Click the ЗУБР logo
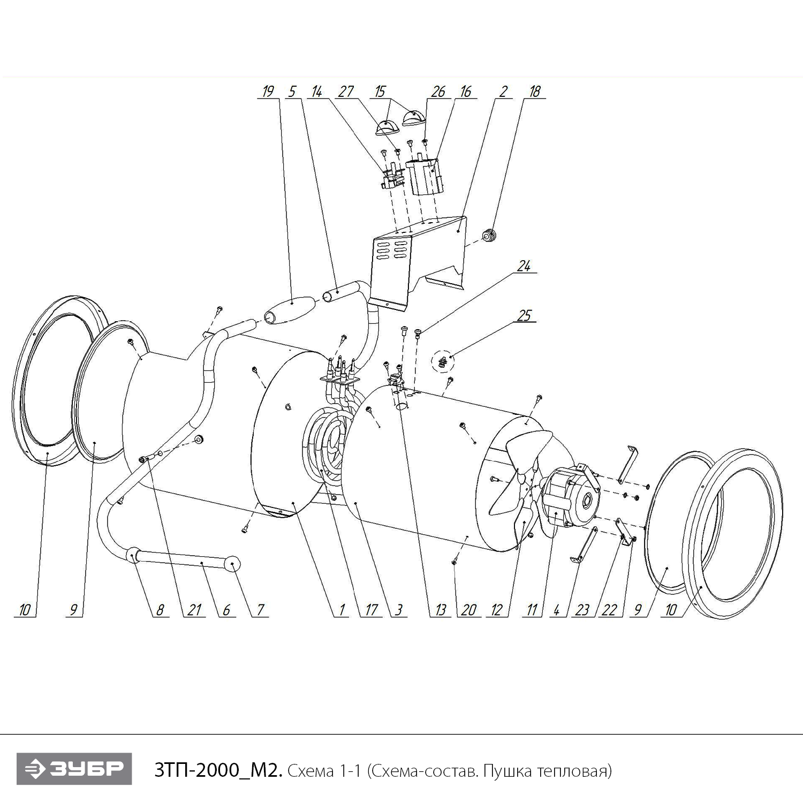[74, 769]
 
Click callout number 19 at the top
[267, 92]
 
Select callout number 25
[524, 315]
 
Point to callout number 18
[534, 92]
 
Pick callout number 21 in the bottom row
[194, 610]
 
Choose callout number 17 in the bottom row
[371, 610]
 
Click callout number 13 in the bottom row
[440, 610]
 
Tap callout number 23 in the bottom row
[582, 610]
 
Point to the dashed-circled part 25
[443, 362]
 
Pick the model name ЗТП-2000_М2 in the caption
[217, 771]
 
